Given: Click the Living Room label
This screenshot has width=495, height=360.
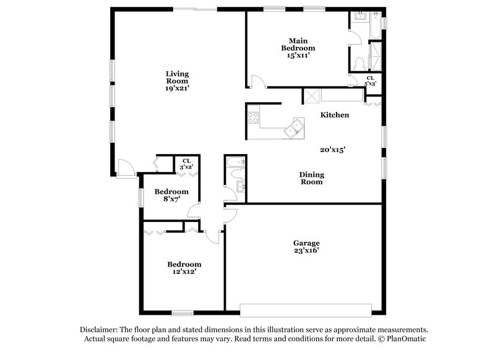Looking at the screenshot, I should [x=176, y=77].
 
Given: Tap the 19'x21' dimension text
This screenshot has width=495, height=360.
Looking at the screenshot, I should [x=177, y=88].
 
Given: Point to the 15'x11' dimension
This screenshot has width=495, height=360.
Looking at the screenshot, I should [x=298, y=55].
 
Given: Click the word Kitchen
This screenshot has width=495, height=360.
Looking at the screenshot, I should [x=335, y=115].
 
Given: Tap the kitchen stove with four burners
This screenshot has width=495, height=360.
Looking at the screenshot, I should [x=253, y=116].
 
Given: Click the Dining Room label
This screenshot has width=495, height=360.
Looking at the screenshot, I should [x=312, y=178].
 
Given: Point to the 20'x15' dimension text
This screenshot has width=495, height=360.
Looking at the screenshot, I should [x=332, y=149].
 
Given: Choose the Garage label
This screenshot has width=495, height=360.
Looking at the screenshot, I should [x=306, y=243].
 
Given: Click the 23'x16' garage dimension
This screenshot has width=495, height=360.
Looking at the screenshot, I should [x=306, y=251].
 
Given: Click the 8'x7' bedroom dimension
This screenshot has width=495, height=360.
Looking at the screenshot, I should [x=171, y=199].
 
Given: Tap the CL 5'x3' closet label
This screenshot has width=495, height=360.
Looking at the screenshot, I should [x=370, y=80].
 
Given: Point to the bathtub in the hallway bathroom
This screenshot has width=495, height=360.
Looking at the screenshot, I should [x=236, y=163].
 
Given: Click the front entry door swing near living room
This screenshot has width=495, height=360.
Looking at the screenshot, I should [x=125, y=167].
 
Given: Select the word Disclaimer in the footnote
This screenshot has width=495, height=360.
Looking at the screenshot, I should [x=101, y=330].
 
